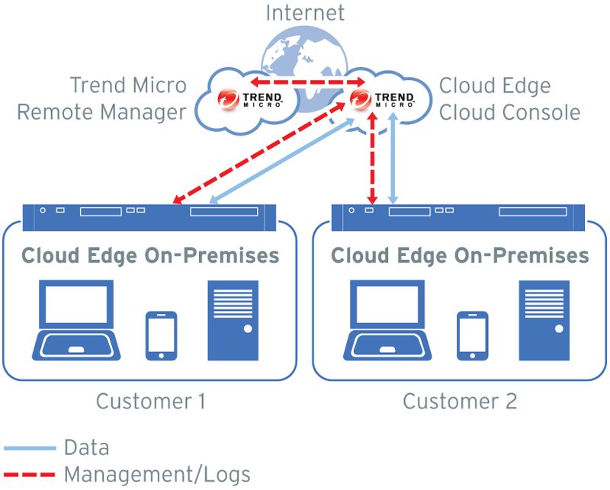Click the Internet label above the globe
coord(305,13)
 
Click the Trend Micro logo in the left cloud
coord(251,99)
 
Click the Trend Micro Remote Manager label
coord(101,98)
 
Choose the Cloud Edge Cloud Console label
coord(509,98)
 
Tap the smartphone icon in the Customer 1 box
coord(161,334)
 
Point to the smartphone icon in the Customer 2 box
coord(472,334)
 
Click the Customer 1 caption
coord(151,400)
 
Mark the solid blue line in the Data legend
coord(30,447)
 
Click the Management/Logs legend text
coord(157,474)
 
